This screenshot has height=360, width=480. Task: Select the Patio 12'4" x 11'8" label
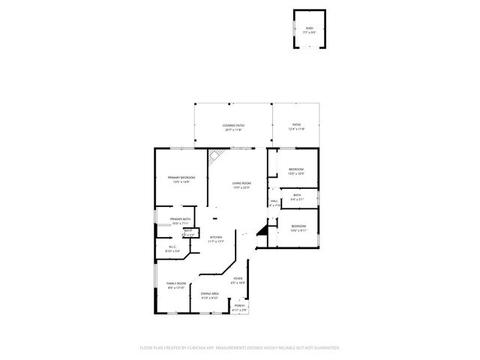tap(296, 127)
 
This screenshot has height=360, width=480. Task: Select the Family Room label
tap(175, 285)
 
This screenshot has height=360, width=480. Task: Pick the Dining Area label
tap(209, 295)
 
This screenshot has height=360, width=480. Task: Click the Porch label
tap(239, 307)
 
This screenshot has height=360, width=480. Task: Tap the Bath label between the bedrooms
tap(298, 196)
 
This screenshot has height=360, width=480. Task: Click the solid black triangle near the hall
tap(262, 232)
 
